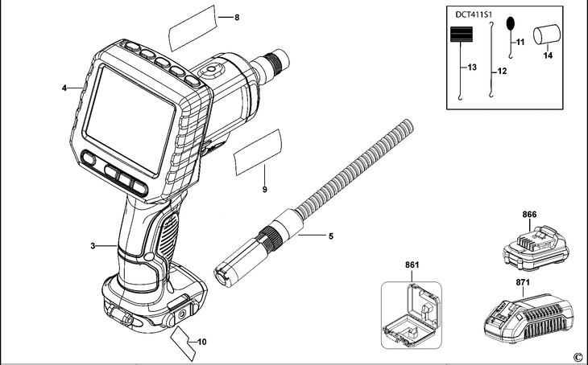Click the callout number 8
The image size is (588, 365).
click(x=237, y=17)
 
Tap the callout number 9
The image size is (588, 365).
click(x=264, y=190)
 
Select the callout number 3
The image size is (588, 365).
click(x=93, y=245)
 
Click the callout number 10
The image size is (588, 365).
click(x=201, y=342)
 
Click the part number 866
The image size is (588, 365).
click(x=528, y=215)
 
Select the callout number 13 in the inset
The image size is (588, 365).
click(x=472, y=66)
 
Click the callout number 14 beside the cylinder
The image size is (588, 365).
click(x=547, y=55)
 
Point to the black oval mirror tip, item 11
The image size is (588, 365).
click(x=509, y=23)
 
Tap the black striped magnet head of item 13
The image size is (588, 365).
click(x=461, y=34)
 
